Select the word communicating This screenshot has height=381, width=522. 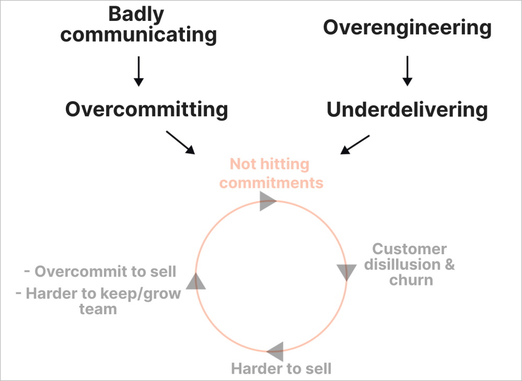142,35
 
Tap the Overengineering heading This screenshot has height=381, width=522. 407,27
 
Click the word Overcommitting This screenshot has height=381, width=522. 146,110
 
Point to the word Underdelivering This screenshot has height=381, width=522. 407,110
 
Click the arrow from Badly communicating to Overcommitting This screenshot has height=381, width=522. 138,72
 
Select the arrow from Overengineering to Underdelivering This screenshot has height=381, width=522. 407,72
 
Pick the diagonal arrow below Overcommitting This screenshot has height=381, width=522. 180,142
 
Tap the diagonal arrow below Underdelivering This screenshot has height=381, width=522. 355,145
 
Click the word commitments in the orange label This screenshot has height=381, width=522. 271,183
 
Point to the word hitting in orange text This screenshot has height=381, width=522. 284,164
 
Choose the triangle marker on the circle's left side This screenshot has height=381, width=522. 196,281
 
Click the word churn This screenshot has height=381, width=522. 411,280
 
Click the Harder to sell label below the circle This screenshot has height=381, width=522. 281,369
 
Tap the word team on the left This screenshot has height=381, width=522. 98,309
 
